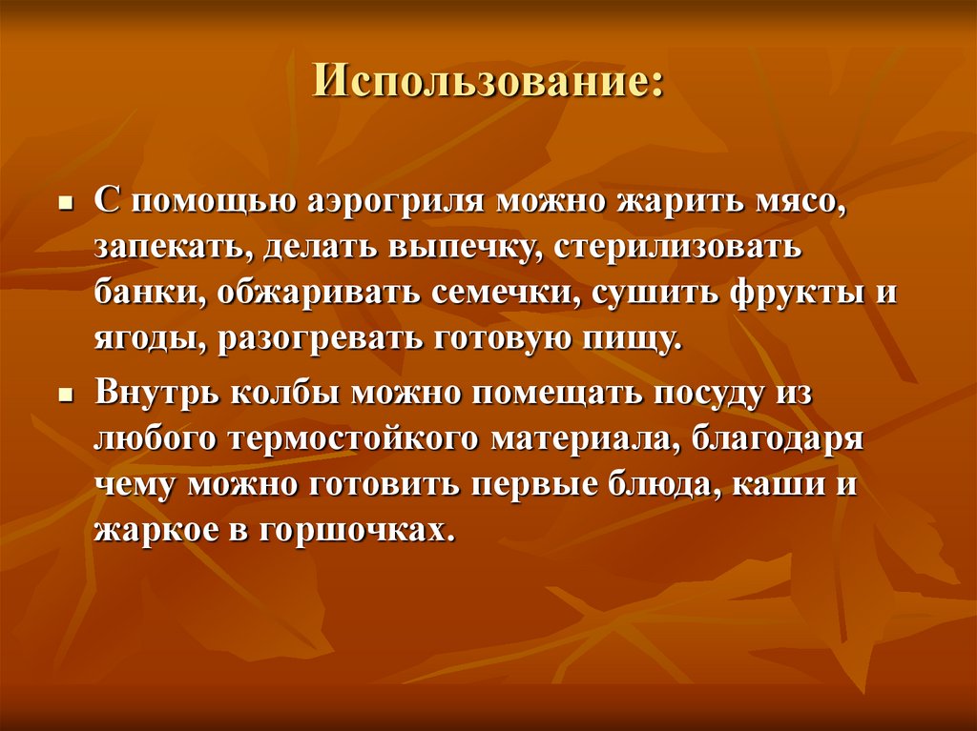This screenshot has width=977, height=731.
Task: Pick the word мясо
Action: coord(800,203)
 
